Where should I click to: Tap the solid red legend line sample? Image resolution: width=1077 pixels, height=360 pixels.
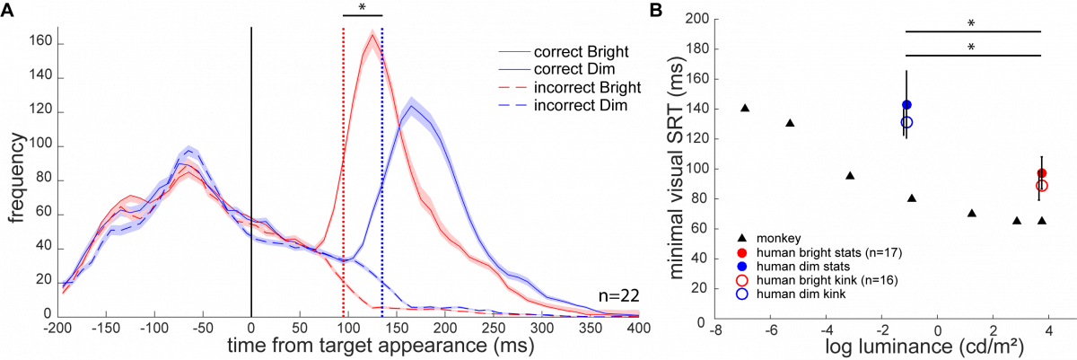pyautogui.click(x=514, y=51)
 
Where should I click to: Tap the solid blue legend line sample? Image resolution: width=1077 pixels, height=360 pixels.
pyautogui.click(x=514, y=68)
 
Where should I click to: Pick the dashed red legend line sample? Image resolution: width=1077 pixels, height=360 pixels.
pyautogui.click(x=514, y=88)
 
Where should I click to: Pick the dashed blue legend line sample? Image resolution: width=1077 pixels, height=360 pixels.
pyautogui.click(x=514, y=106)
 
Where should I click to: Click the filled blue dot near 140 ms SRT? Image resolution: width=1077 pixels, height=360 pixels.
pyautogui.click(x=907, y=105)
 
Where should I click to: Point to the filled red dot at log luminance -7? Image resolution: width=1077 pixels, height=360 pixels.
pyautogui.click(x=742, y=253)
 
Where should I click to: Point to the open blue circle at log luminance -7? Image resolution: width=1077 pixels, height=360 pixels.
pyautogui.click(x=742, y=294)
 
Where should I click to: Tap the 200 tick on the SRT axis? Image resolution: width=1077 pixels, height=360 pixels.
pyautogui.click(x=696, y=18)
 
